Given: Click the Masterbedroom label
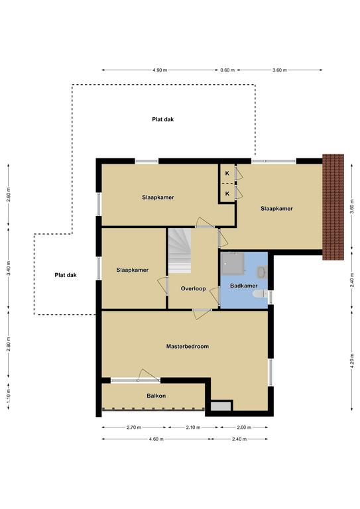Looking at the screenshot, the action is (x=188, y=347).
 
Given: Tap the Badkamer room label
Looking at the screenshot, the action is (x=244, y=286).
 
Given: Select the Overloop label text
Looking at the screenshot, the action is (x=193, y=288).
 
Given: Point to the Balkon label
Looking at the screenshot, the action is (x=156, y=396).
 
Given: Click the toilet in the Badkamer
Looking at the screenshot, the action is (x=260, y=294).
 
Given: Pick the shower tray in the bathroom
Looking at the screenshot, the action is (x=233, y=262).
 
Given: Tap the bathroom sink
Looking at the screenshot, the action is (x=263, y=272).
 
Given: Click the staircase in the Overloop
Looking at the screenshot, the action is (x=179, y=251).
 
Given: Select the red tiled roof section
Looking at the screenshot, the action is (x=333, y=207).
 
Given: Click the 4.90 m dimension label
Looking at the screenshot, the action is (x=160, y=70).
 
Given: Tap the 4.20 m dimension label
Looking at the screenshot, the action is (x=352, y=361).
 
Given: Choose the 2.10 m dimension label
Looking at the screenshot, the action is (x=193, y=427).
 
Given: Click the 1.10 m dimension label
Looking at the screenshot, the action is (x=9, y=396).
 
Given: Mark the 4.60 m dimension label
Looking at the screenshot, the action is (x=156, y=439).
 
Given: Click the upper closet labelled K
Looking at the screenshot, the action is (x=227, y=174).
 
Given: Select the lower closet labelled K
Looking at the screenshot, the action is (x=227, y=194).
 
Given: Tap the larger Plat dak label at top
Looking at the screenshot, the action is (x=163, y=119).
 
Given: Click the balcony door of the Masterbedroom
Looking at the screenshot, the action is (x=135, y=379).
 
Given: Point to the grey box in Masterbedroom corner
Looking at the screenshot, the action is (x=221, y=406).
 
